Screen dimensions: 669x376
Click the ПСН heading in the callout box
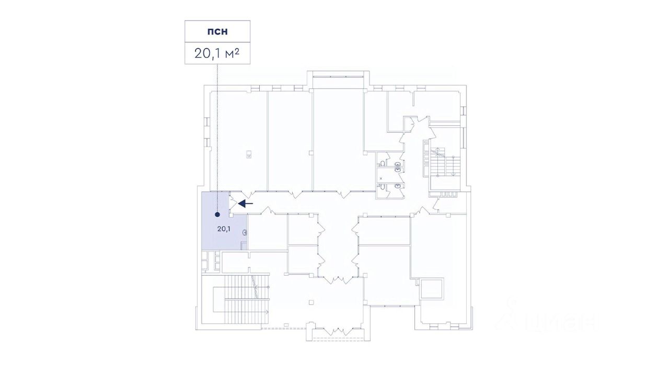pyautogui.click(x=217, y=31)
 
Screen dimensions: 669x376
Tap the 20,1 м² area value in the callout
pyautogui.click(x=217, y=53)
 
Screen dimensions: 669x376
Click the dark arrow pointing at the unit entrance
pyautogui.click(x=246, y=203)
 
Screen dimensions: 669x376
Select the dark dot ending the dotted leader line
pyautogui.click(x=217, y=214)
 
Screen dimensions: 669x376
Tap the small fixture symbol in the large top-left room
pyautogui.click(x=249, y=154)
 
